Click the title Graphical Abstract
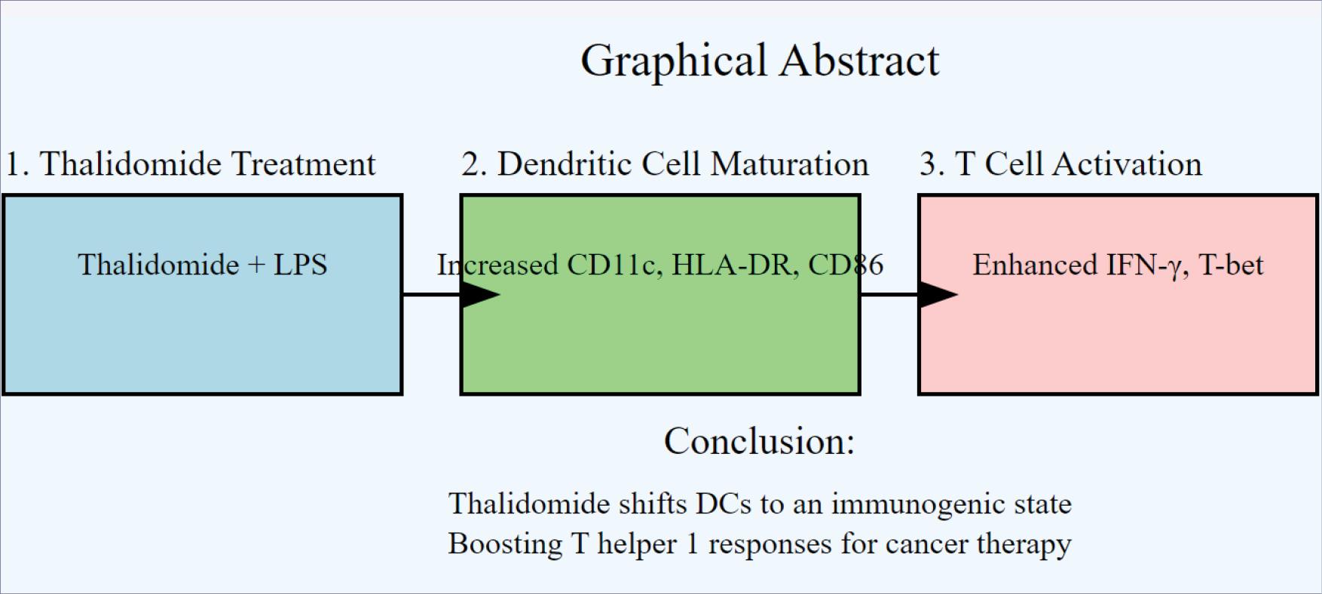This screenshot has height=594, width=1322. coord(760,60)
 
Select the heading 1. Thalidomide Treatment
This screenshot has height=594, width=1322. coord(191,164)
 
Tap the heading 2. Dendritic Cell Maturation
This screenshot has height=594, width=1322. coord(665,164)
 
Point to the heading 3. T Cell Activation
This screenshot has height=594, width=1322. coord(1060,164)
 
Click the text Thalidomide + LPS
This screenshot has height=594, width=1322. coord(202,265)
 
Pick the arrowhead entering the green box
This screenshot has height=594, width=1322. coord(481,294)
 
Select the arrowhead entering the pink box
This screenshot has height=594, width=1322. coord(938,294)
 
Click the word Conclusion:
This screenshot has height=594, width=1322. coord(759,441)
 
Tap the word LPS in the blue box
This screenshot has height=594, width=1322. coord(300,265)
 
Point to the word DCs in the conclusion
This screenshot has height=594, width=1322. coord(723,504)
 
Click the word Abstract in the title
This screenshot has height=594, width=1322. coord(859,60)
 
